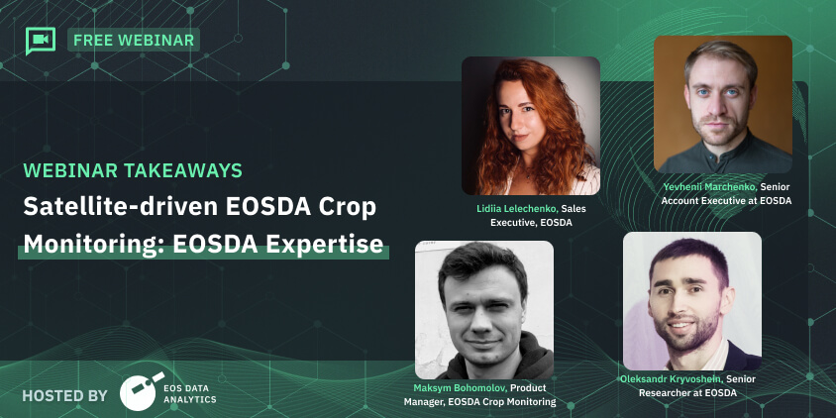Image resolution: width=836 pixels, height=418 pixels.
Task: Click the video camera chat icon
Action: coord(40,41)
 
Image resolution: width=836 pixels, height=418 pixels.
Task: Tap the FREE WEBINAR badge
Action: coord(134,40)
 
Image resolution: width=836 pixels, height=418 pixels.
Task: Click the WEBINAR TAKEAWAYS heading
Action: coord(133,170)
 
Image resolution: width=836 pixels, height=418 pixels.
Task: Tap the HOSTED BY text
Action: coord(64,395)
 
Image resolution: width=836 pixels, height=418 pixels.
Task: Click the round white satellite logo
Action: coord(139,391)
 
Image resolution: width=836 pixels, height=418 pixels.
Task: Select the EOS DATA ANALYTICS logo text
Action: coord(190,393)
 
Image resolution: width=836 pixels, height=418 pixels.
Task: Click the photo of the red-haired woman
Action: coord(531,126)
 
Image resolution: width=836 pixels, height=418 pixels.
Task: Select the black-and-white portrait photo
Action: coord(484,310)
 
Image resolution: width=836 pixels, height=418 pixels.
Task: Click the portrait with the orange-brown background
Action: coord(722,105)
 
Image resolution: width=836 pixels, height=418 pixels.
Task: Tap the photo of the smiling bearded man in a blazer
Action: coord(692,301)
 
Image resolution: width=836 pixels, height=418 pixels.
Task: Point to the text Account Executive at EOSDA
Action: coord(726,201)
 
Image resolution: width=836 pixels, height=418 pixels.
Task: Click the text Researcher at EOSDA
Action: coord(687,393)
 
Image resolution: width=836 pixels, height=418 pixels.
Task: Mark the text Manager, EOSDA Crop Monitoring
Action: coord(479,401)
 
